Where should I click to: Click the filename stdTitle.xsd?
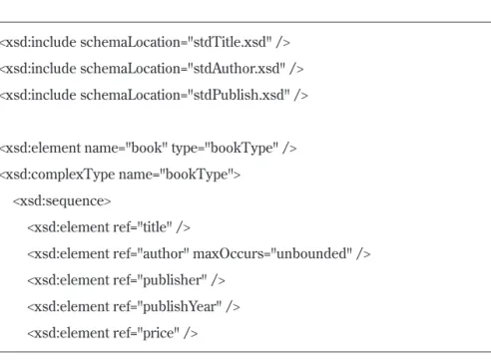pyautogui.click(x=230, y=42)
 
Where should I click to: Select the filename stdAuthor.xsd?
pyautogui.click(x=237, y=69)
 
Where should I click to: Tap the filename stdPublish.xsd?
pyautogui.click(x=240, y=95)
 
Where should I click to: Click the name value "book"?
pyautogui.click(x=146, y=148)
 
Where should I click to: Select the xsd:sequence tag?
pyautogui.click(x=62, y=201)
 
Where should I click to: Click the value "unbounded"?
pyautogui.click(x=311, y=253)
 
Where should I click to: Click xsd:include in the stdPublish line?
pyautogui.click(x=41, y=95)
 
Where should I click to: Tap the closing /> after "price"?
pyautogui.click(x=191, y=333)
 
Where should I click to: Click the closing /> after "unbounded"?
pyautogui.click(x=363, y=253)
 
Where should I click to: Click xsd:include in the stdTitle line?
pyautogui.click(x=41, y=42)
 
